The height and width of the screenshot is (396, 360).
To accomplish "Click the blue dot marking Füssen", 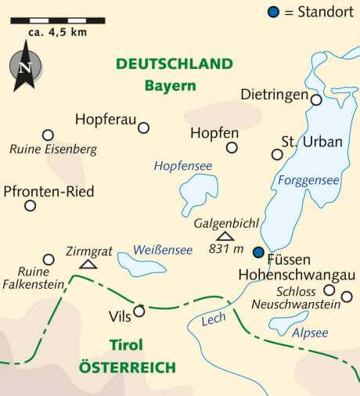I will (x=258, y=252).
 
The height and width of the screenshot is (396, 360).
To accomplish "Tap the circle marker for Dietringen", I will (x=316, y=99).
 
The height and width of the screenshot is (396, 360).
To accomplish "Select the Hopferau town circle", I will (x=143, y=128).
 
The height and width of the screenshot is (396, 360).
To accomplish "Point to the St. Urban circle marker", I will (x=277, y=154).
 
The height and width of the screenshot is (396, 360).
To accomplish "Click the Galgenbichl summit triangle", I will (x=225, y=236).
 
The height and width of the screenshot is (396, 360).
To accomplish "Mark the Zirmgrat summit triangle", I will (x=88, y=265).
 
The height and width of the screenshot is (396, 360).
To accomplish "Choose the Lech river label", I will (x=213, y=320).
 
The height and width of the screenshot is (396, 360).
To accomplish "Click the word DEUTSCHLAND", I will (x=175, y=64).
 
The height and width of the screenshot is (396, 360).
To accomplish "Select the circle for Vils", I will (x=139, y=311).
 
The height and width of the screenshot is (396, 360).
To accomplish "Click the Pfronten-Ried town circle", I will (x=30, y=206).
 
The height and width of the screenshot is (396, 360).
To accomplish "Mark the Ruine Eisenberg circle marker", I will (x=48, y=135).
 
